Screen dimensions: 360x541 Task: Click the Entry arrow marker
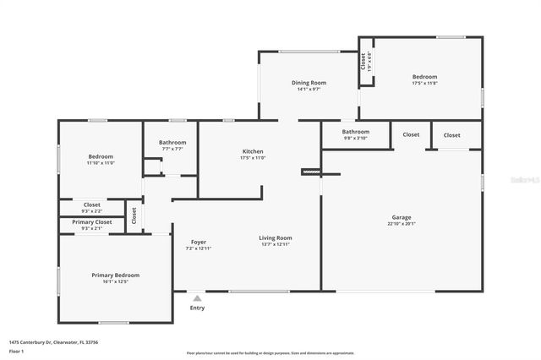[x=197, y=297]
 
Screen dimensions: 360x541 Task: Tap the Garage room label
[x=401, y=218]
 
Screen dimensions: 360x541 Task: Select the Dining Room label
[x=309, y=83]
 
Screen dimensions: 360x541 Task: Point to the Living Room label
[x=275, y=238]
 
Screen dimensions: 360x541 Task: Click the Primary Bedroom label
[x=116, y=275]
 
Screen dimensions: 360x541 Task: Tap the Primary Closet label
[x=91, y=222]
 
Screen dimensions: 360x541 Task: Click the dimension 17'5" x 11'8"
[x=424, y=84]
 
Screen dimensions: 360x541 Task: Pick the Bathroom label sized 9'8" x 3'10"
[x=355, y=132]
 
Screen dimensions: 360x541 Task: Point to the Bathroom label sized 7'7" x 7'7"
[x=172, y=142]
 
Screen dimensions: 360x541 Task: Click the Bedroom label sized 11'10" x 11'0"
[x=101, y=156]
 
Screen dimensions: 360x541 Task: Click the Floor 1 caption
[x=16, y=351]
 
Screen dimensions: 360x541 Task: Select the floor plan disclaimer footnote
[x=270, y=353]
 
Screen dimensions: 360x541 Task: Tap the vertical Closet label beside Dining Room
[x=363, y=61]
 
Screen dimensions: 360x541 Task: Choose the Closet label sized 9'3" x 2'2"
[x=91, y=205]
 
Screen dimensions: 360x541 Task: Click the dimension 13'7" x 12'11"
[x=275, y=245]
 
